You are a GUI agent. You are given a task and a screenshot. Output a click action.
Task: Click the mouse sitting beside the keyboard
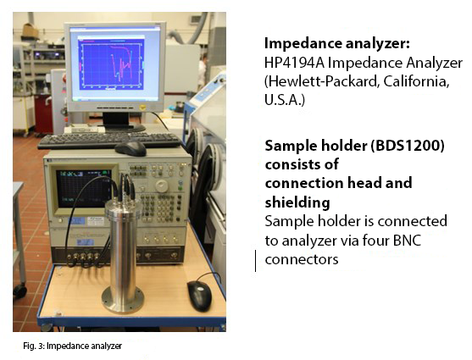130,148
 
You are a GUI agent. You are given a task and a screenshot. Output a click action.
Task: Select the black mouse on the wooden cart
199,296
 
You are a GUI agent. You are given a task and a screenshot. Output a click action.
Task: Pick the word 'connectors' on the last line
302,259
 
